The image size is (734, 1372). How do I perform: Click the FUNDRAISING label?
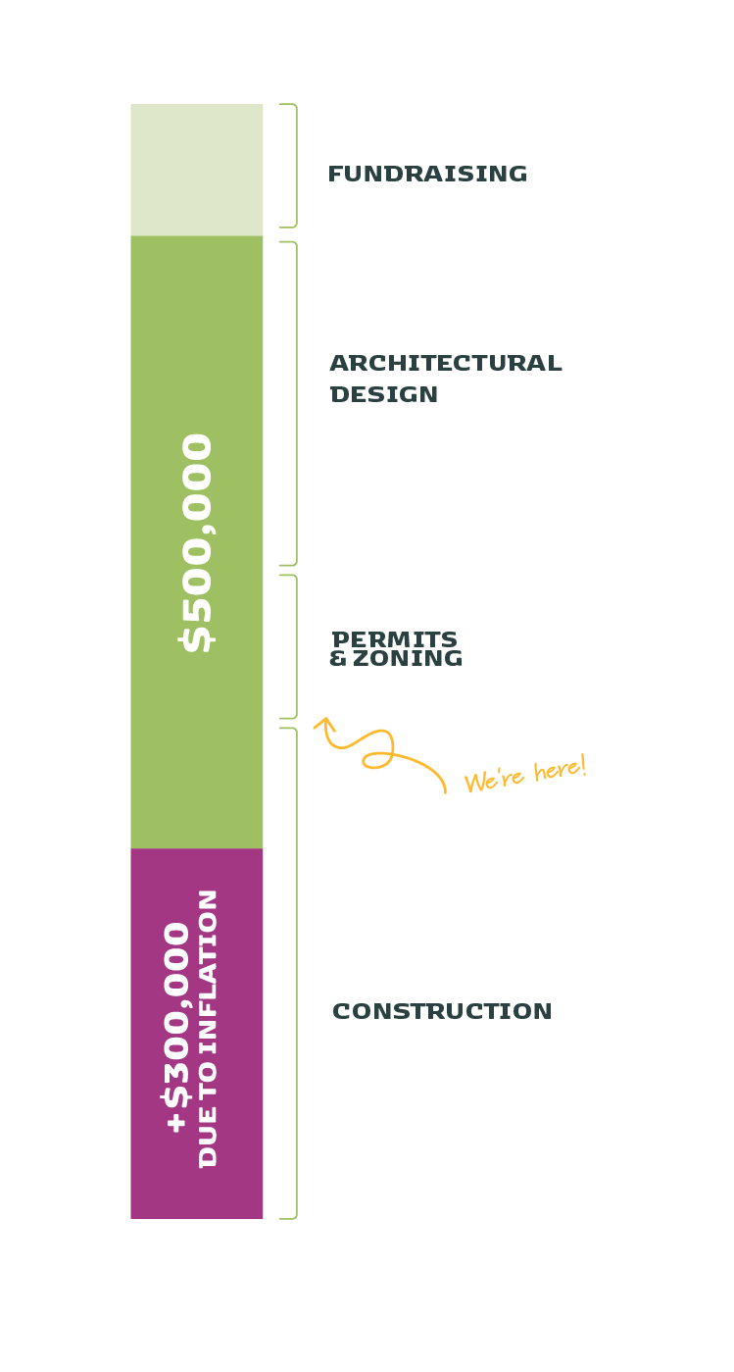coord(427,174)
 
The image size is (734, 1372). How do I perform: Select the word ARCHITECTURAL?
coord(446,363)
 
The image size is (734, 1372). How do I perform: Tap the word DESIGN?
coord(384,394)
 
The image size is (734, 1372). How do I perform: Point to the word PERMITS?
coord(395,639)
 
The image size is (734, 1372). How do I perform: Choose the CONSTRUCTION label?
coord(442,1011)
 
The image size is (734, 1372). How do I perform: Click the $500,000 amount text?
coord(197,542)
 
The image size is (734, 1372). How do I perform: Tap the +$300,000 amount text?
coord(177,1027)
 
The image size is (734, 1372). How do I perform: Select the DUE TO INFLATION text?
coord(208,1028)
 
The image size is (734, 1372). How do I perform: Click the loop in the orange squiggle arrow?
coord(376,758)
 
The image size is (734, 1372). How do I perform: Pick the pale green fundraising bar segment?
coord(197,170)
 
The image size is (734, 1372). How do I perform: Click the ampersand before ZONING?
coord(338,658)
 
